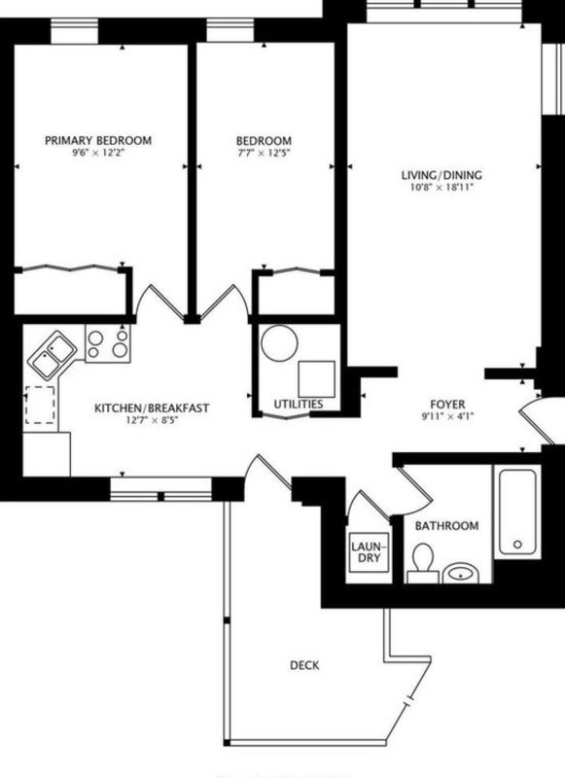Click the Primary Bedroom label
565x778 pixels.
[x=98, y=140]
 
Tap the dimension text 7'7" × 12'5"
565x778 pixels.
[x=264, y=153]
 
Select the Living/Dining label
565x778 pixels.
[x=441, y=175]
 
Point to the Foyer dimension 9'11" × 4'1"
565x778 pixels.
[x=448, y=417]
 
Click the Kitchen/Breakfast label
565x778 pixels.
[x=152, y=408]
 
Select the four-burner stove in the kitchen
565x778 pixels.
[x=108, y=343]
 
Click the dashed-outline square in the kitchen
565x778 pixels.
[x=40, y=405]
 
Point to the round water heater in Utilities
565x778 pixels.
[x=279, y=343]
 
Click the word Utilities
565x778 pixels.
[x=299, y=404]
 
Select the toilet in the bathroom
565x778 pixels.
[x=423, y=563]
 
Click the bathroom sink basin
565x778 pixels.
[x=461, y=573]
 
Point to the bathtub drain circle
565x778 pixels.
[x=518, y=545]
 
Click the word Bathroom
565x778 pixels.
[x=447, y=525]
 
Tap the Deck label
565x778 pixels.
[x=304, y=665]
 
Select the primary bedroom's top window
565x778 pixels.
[x=75, y=33]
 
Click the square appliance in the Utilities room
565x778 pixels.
[x=316, y=379]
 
